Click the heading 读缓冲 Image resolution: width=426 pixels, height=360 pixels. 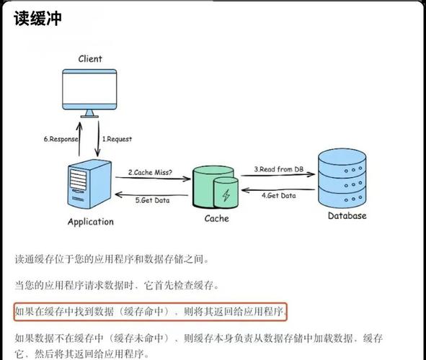click(37, 19)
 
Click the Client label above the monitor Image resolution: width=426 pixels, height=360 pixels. click(90, 58)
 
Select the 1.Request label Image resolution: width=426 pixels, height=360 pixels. click(117, 139)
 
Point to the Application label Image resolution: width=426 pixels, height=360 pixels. click(91, 222)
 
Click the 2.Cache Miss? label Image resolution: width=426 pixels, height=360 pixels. click(151, 172)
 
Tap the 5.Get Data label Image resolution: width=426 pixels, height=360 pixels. click(153, 200)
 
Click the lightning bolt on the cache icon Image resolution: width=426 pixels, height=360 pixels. click(226, 194)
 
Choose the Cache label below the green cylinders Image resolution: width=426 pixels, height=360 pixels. click(216, 218)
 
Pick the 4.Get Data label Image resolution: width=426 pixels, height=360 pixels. click(278, 195)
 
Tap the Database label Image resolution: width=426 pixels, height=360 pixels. click(347, 215)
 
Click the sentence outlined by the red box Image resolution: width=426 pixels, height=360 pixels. click(151, 312)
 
